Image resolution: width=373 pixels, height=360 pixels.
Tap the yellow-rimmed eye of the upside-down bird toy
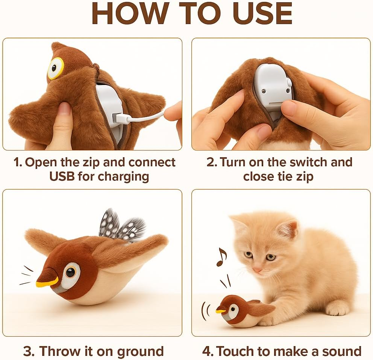pyautogui.click(x=55, y=68)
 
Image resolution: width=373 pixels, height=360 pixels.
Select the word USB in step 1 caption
pyautogui.click(x=62, y=176)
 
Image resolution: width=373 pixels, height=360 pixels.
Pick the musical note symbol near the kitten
pyautogui.click(x=222, y=257)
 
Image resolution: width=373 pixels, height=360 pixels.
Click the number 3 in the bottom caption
pyautogui.click(x=28, y=351)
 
